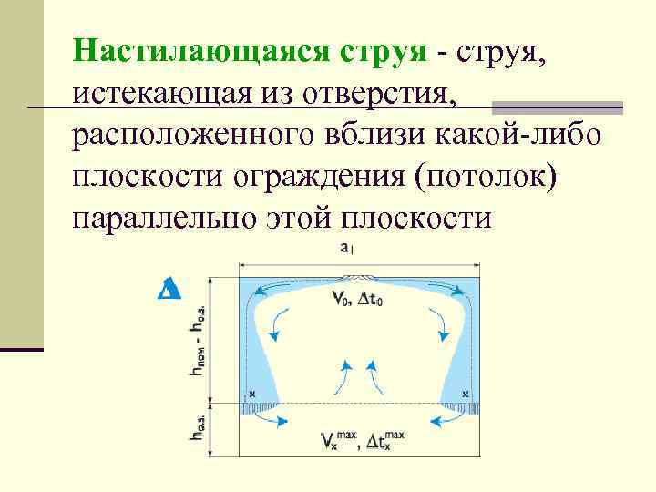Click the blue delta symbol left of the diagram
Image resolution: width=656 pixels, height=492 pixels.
[x=169, y=289]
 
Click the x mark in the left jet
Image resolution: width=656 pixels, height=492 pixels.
[x=251, y=394]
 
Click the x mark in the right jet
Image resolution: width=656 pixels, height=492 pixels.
[x=466, y=394]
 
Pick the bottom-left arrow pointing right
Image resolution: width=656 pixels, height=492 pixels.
[x=278, y=420]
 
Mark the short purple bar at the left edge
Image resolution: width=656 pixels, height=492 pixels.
[x=21, y=348]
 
